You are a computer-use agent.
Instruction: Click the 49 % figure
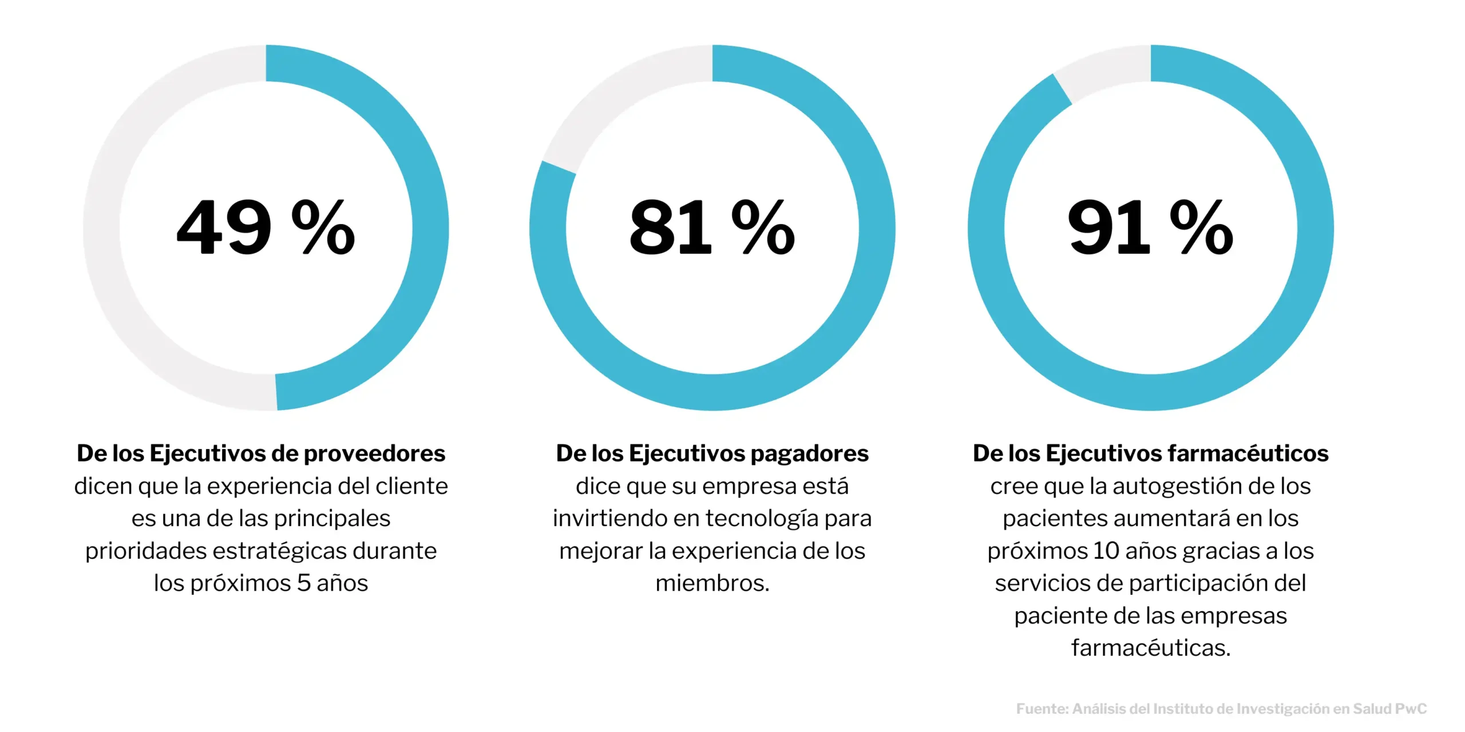(266, 228)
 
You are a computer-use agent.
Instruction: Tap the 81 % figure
(712, 228)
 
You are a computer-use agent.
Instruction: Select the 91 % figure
(1150, 228)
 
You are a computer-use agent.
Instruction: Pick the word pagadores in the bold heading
(810, 453)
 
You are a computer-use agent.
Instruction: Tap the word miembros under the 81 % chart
(712, 583)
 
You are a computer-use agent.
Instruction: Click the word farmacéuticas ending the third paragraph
(1150, 648)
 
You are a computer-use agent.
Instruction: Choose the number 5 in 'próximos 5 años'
(304, 583)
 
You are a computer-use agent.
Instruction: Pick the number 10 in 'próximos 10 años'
(1106, 551)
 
